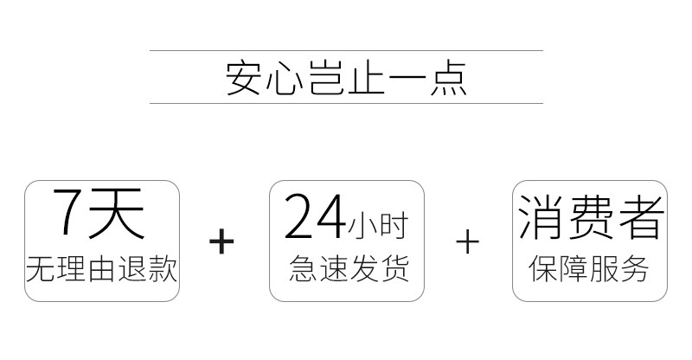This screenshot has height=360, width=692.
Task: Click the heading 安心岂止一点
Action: click(x=346, y=78)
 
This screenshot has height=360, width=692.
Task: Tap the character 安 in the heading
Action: click(x=246, y=78)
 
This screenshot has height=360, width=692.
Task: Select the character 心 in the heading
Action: click(x=285, y=78)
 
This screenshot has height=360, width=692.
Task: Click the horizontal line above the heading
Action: click(x=346, y=51)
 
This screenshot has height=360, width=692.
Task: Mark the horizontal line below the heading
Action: click(x=346, y=103)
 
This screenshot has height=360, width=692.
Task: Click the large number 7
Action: click(x=71, y=213)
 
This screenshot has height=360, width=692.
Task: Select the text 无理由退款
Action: click(x=102, y=269)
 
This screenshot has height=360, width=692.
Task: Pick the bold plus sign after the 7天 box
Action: click(x=222, y=241)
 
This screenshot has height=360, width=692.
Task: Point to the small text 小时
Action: click(x=377, y=227)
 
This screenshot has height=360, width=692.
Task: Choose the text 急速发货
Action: click(x=349, y=269)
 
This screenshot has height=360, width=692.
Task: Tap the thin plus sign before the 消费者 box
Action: click(x=467, y=241)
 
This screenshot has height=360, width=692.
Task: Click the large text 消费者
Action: click(x=591, y=216)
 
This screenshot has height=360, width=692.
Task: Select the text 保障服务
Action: click(x=589, y=269)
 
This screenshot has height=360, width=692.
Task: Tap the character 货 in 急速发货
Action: click(x=394, y=269)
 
